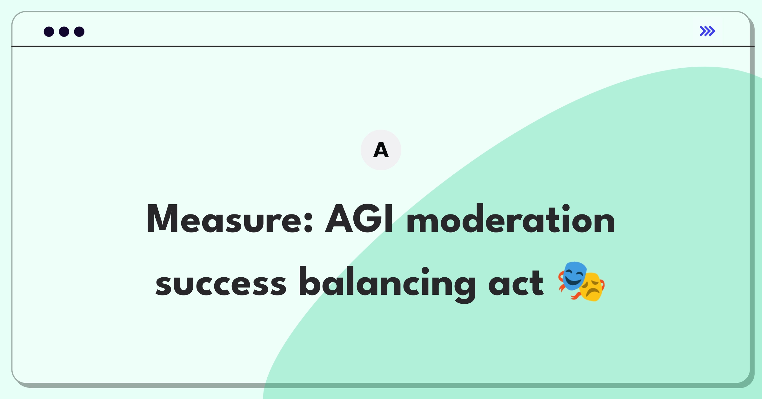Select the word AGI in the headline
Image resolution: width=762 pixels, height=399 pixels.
tap(359, 219)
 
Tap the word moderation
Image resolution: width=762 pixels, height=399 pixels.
tap(511, 219)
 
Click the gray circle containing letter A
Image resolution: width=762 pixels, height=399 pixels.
tap(381, 150)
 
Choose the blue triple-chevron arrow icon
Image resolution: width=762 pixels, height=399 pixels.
tap(707, 31)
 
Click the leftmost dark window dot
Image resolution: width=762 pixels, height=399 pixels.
tap(49, 32)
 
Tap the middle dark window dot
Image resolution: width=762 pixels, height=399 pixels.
tap(64, 32)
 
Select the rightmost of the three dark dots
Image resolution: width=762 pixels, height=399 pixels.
tap(79, 32)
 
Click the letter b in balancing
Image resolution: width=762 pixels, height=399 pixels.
tap(310, 281)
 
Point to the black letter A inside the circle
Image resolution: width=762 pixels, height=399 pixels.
tap(381, 150)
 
